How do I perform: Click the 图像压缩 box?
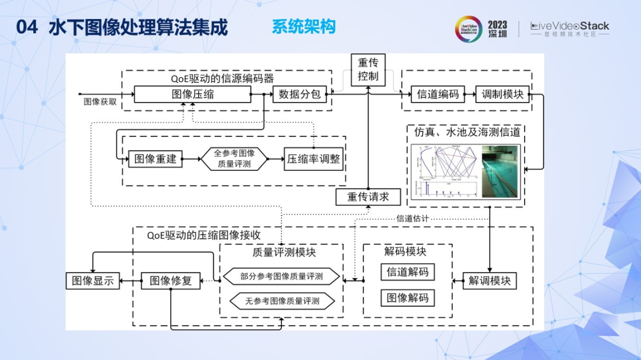pyautogui.click(x=192, y=94)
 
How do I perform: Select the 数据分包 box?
pyautogui.click(x=300, y=94)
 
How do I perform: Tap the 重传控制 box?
pyautogui.click(x=368, y=69)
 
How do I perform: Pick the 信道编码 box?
pyautogui.click(x=438, y=94)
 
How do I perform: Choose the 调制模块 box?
pyautogui.click(x=502, y=94)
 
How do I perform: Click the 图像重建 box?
pyautogui.click(x=155, y=158)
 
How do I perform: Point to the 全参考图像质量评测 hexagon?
pyautogui.click(x=234, y=158)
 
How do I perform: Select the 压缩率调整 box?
pyautogui.click(x=314, y=158)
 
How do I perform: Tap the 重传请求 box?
pyautogui.click(x=368, y=197)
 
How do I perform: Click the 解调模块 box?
pyautogui.click(x=490, y=280)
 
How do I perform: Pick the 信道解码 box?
pyautogui.click(x=408, y=272)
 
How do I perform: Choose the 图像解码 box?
pyautogui.click(x=408, y=297)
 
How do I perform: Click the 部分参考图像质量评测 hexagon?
pyautogui.click(x=281, y=276)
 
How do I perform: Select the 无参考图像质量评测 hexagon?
pyautogui.click(x=281, y=301)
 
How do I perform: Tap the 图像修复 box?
pyautogui.click(x=171, y=280)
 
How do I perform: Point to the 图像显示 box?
pyautogui.click(x=93, y=280)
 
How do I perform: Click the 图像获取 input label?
pyautogui.click(x=100, y=102)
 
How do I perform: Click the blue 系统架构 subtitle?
pyautogui.click(x=303, y=27)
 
